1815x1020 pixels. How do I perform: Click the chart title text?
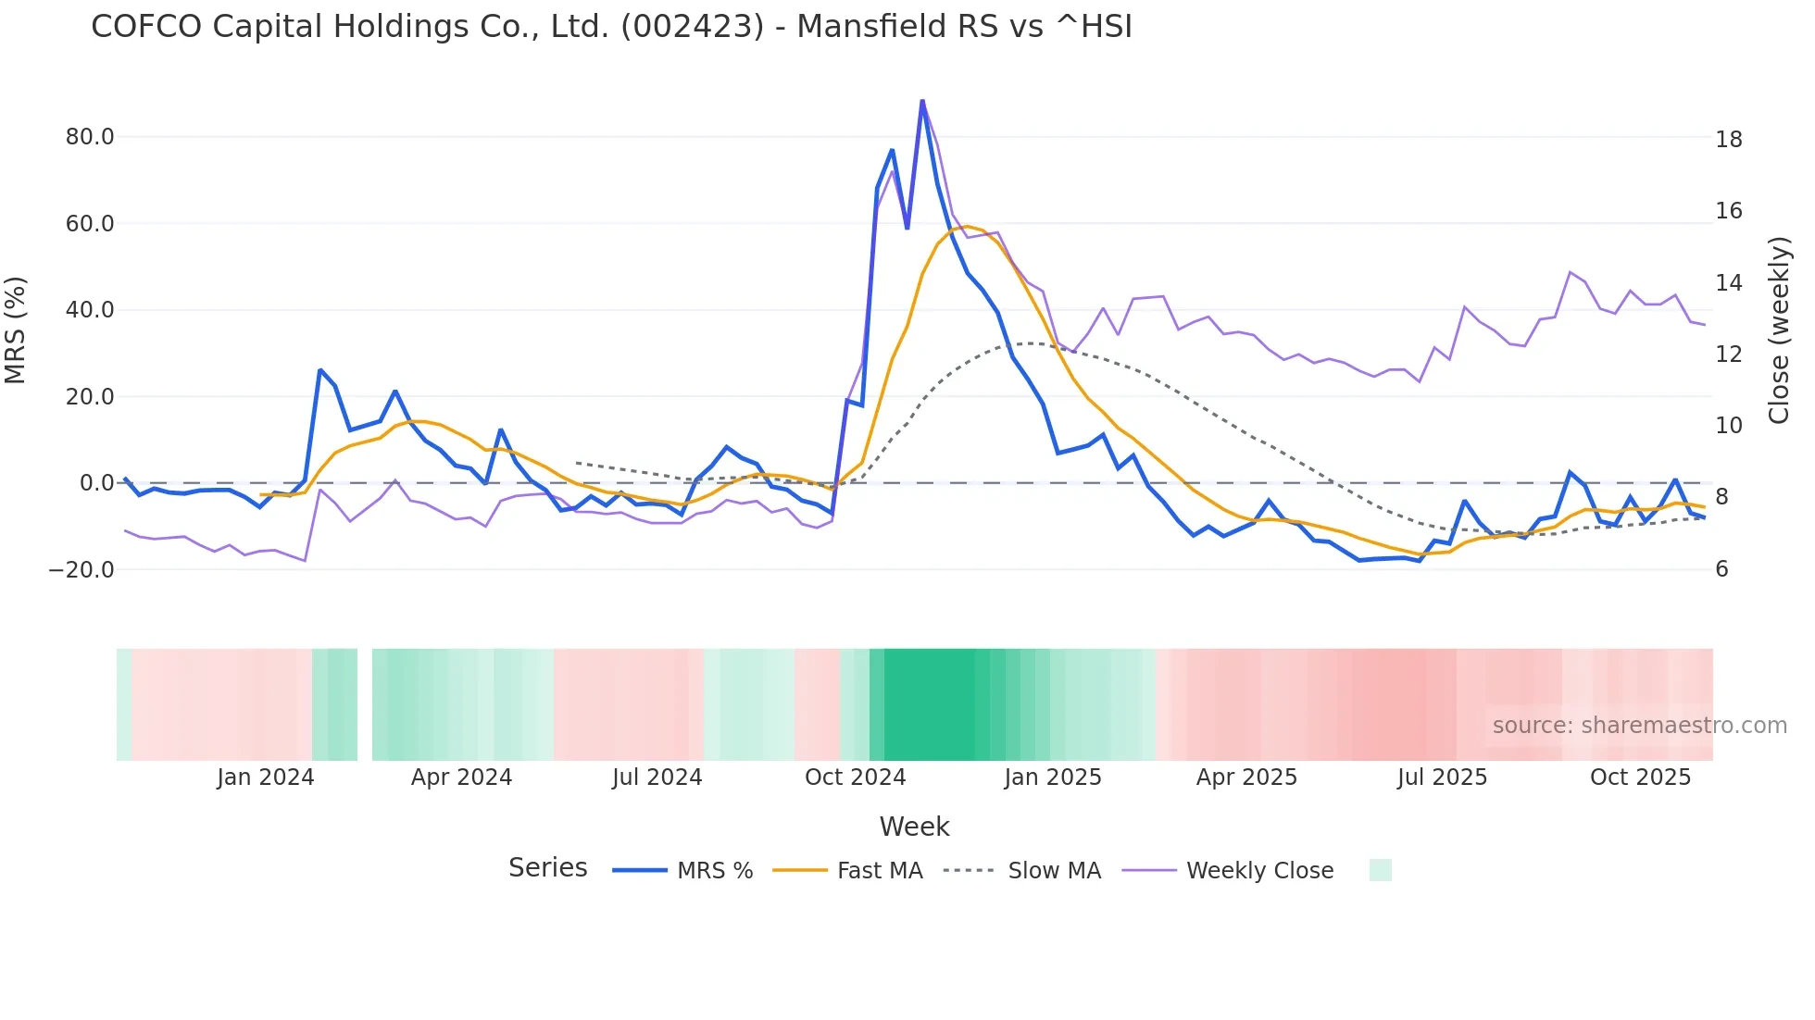tap(611, 27)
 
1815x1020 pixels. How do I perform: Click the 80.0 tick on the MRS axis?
tap(90, 137)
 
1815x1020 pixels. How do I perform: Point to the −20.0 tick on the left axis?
tap(81, 570)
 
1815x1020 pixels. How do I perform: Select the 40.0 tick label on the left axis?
tap(90, 310)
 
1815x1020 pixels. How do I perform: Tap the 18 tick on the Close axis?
tap(1729, 140)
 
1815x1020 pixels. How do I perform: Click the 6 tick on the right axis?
tap(1722, 569)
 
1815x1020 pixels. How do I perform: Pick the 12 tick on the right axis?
tap(1729, 355)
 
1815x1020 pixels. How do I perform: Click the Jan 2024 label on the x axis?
tap(266, 777)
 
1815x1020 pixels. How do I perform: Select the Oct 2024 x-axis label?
tap(855, 777)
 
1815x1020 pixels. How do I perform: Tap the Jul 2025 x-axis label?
tap(1442, 777)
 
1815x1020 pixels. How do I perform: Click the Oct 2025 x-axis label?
tap(1640, 777)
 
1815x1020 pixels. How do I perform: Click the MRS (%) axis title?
tap(16, 330)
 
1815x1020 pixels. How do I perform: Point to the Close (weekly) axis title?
tap(1779, 330)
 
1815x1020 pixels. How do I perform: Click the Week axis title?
tap(914, 827)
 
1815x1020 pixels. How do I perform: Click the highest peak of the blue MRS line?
tap(922, 101)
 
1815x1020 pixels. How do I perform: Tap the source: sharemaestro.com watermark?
tap(1639, 726)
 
